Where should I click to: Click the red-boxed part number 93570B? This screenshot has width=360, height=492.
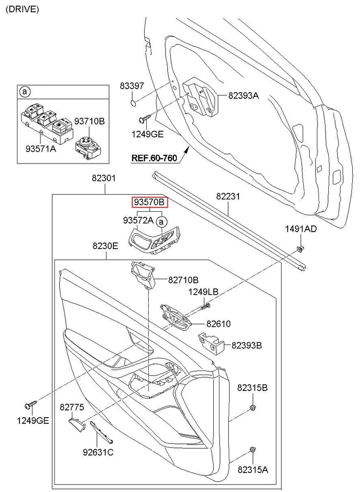tap(149, 202)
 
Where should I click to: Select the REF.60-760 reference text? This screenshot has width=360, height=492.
tap(154, 158)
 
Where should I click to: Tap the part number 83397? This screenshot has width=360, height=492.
tap(132, 87)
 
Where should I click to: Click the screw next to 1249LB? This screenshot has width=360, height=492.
tap(205, 305)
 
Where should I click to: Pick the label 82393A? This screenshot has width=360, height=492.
tap(244, 95)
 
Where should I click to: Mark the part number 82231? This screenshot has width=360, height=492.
tap(228, 196)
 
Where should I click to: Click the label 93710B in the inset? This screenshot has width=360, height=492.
tap(89, 121)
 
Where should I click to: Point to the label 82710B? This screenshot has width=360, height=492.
tap(183, 280)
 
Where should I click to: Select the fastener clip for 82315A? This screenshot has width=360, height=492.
tap(252, 450)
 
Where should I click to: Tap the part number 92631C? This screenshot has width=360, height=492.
tap(98, 452)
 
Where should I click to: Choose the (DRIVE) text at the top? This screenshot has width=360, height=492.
tap(22, 10)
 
